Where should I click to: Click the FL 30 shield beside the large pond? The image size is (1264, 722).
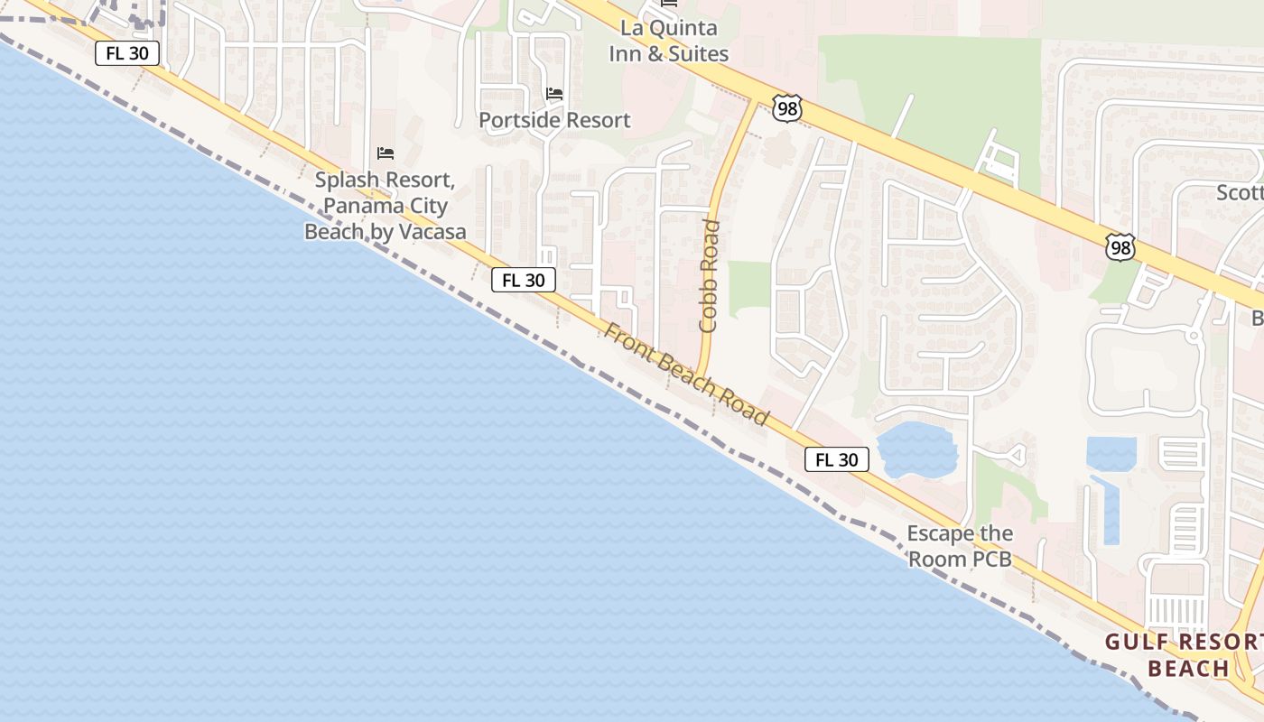click(836, 459)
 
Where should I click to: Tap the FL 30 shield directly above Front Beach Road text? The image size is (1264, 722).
click(524, 280)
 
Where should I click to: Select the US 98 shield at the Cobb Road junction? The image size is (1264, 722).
click(786, 106)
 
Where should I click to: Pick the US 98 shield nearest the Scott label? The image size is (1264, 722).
click(1120, 246)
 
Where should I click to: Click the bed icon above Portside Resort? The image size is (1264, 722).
click(554, 93)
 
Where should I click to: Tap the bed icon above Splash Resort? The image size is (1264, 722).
click(386, 153)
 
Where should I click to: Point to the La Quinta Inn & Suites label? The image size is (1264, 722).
click(668, 42)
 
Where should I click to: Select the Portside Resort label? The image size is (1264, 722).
click(554, 120)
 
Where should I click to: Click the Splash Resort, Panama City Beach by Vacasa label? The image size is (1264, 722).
click(386, 206)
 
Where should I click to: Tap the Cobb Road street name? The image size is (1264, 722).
click(710, 275)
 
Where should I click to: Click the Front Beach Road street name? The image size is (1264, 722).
click(686, 375)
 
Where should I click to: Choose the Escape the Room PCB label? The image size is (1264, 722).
click(960, 546)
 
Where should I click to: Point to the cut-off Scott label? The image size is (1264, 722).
click(1240, 192)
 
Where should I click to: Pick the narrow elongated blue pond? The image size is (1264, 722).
click(1107, 510)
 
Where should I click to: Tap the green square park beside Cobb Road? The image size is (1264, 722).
click(748, 288)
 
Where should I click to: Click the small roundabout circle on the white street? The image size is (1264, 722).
click(1193, 336)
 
